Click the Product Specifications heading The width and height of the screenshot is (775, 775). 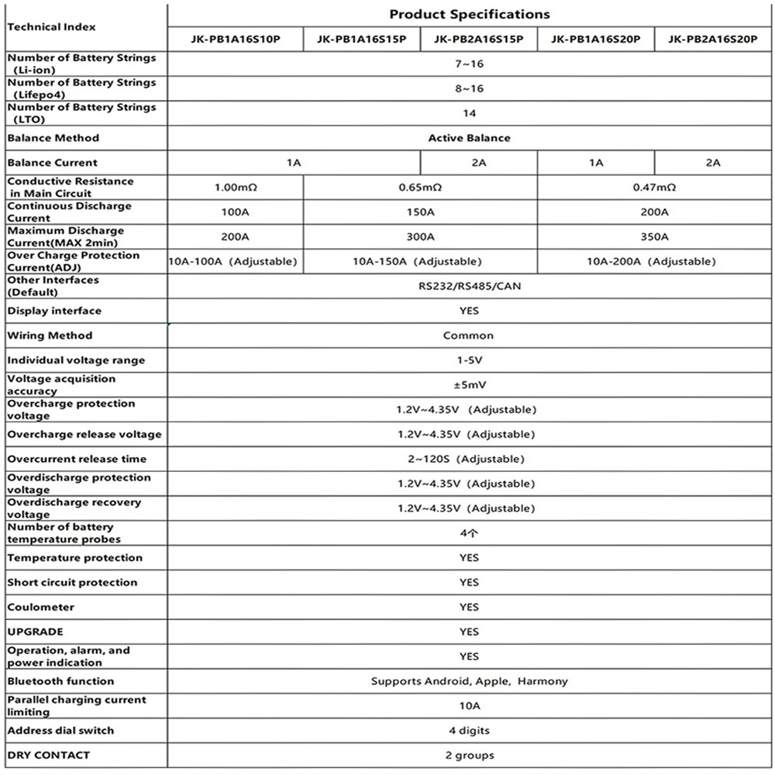(x=469, y=14)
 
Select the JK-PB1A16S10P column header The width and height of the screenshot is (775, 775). (x=236, y=39)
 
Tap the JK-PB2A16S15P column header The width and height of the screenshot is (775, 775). (x=478, y=39)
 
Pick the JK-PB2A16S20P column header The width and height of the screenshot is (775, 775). (x=713, y=39)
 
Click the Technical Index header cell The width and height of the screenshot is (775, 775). (x=51, y=26)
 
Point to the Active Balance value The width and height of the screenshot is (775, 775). (x=469, y=138)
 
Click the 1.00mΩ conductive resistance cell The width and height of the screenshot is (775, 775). (x=236, y=188)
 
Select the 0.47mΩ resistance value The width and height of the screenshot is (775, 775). (x=654, y=188)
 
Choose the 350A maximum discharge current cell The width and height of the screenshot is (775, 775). (x=654, y=237)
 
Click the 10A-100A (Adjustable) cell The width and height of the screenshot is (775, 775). (x=233, y=262)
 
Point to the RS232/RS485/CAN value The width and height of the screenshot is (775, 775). (x=469, y=286)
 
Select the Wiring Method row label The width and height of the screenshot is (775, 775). (x=50, y=336)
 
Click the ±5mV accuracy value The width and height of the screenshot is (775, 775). (x=469, y=385)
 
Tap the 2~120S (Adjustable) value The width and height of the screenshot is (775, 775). (x=469, y=460)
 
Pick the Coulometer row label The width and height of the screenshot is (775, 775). (x=40, y=607)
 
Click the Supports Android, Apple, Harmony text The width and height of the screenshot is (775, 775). (x=469, y=681)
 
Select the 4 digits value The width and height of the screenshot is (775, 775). (x=469, y=731)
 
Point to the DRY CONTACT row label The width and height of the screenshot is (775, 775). (x=48, y=755)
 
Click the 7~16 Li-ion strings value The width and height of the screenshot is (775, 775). (x=469, y=64)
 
